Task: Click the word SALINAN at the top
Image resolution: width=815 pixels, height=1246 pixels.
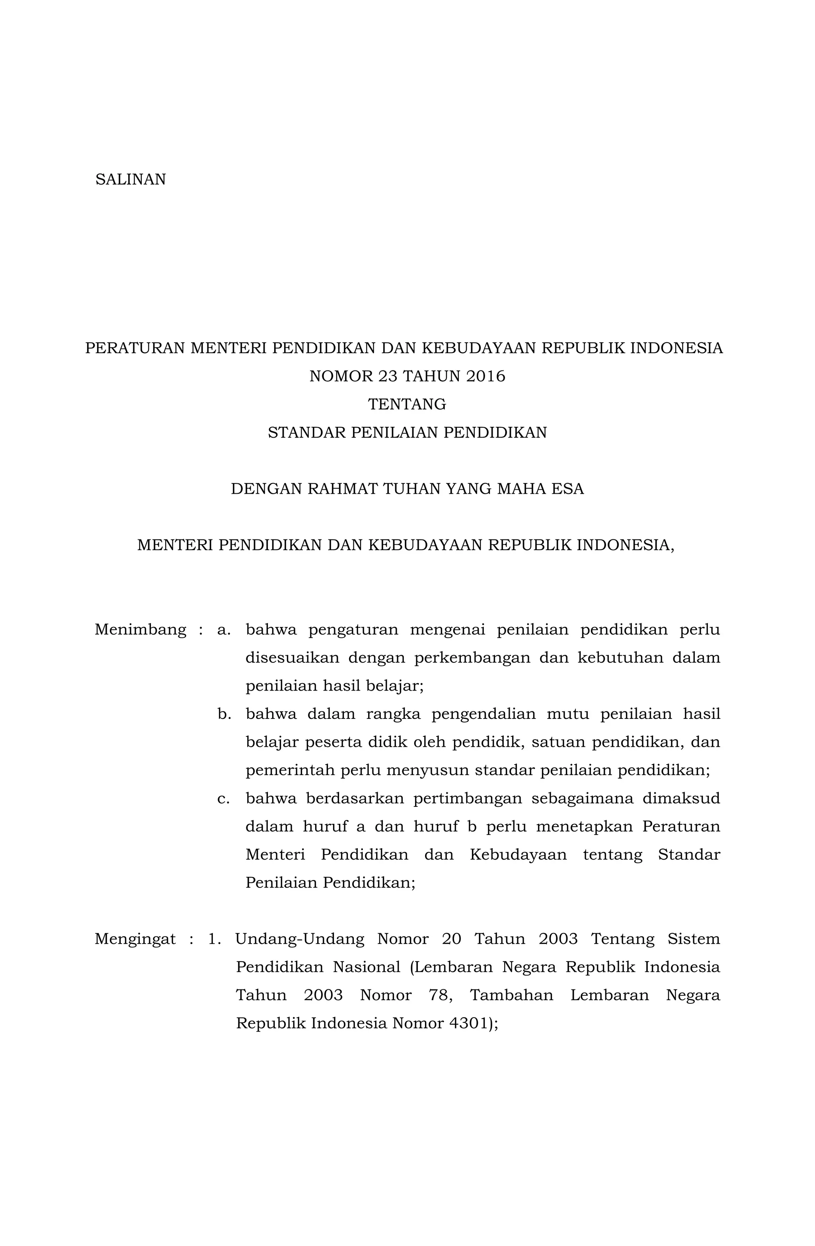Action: pos(131,179)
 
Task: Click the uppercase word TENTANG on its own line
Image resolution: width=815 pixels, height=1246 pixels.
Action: pos(407,405)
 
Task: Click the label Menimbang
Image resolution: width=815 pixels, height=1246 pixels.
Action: pos(140,629)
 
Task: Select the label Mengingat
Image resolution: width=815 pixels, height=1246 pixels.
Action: pos(135,939)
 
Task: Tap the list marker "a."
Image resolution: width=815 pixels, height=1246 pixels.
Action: pos(224,629)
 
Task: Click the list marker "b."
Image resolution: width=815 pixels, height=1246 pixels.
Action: pos(224,714)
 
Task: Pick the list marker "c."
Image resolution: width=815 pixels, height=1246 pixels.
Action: pos(224,799)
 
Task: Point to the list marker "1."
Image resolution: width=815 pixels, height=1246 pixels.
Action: pos(215,939)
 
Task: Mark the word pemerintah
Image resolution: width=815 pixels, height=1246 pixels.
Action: pos(289,771)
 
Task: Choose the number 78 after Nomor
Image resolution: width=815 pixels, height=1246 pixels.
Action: pos(439,995)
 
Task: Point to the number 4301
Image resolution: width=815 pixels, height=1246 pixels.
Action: pos(468,1024)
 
